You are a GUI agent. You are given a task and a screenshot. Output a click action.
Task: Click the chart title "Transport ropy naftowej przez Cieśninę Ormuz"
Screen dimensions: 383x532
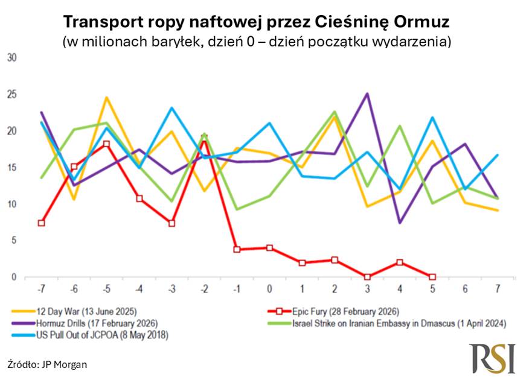pos(257,23)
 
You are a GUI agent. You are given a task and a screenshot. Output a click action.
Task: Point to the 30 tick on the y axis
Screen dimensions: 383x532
pos(11,58)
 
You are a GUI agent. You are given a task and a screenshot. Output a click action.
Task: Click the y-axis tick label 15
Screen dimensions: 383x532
pos(11,168)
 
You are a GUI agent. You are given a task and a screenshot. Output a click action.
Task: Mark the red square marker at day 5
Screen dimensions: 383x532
pos(432,277)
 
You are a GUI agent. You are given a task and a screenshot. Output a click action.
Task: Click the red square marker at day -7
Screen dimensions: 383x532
pos(41,223)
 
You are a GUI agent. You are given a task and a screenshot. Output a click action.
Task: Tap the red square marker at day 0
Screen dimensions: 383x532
pos(269,248)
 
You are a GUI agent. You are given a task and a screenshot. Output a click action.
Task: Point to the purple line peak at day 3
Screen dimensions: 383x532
pos(367,94)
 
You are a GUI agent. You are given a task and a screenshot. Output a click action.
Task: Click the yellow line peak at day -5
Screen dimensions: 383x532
pos(106,98)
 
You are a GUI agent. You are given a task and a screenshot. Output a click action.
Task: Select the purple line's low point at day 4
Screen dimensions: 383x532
pos(400,223)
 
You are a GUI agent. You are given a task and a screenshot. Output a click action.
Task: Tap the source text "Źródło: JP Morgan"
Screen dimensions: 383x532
pos(47,364)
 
